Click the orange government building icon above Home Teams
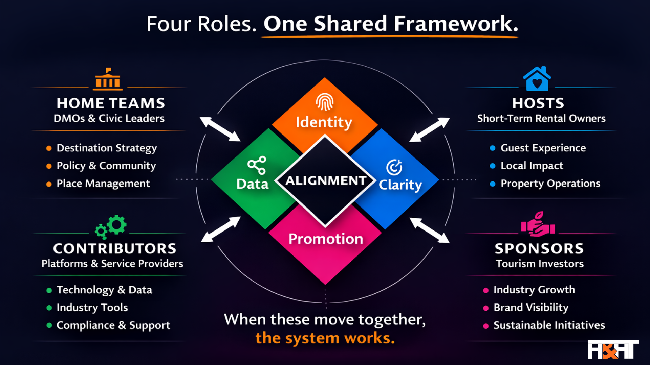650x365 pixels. [108, 79]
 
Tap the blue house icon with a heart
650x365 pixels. [537, 79]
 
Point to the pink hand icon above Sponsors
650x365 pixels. [538, 224]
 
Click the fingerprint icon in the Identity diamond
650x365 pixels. [325, 102]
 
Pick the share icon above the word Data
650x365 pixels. [257, 165]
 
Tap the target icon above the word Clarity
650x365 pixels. [394, 167]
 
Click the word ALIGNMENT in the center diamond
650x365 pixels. [326, 180]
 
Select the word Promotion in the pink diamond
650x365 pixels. [326, 239]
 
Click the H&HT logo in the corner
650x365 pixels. [613, 349]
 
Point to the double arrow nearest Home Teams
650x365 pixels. [220, 129]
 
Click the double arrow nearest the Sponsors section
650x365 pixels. [429, 230]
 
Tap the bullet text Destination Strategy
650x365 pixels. [107, 148]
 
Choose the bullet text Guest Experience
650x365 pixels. [543, 148]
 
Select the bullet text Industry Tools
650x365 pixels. [92, 308]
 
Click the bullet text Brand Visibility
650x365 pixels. [531, 308]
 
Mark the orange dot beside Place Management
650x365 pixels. [49, 184]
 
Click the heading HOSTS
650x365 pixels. [538, 103]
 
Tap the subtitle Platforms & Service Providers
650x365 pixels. [112, 264]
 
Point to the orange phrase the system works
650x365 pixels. [325, 338]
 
